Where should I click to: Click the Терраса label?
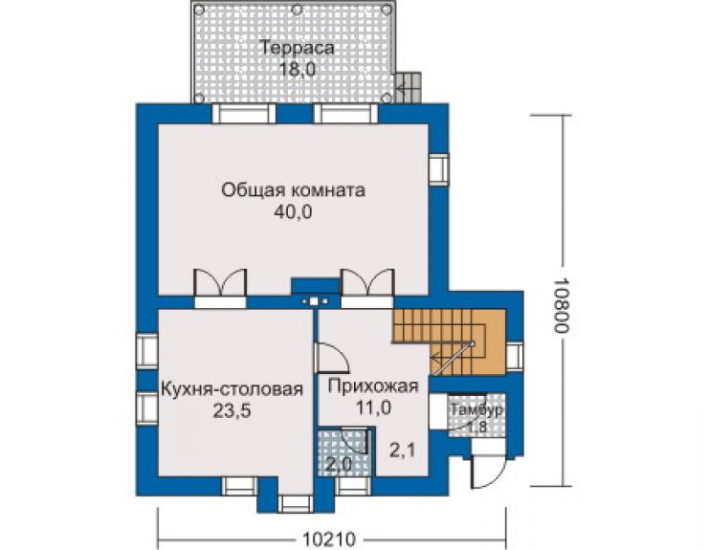pyautogui.click(x=298, y=48)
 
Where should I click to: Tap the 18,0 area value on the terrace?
pyautogui.click(x=297, y=70)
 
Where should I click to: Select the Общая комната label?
pyautogui.click(x=293, y=190)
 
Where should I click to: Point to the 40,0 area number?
pyautogui.click(x=293, y=211)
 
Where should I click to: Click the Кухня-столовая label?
pyautogui.click(x=232, y=388)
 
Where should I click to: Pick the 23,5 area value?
pyautogui.click(x=232, y=411)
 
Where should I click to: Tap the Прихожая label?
pyautogui.click(x=373, y=386)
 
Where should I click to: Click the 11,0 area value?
pyautogui.click(x=373, y=407)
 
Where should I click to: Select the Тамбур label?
pyautogui.click(x=476, y=410)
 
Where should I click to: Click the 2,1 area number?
pyautogui.click(x=402, y=451)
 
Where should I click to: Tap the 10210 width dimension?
pyautogui.click(x=329, y=539)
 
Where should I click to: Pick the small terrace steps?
pyautogui.click(x=409, y=87)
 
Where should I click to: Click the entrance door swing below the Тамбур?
pyautogui.click(x=488, y=472)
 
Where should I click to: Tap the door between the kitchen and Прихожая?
pyautogui.click(x=331, y=357)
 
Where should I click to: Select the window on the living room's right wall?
pyautogui.click(x=438, y=169)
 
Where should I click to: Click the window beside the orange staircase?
pyautogui.click(x=515, y=356)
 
